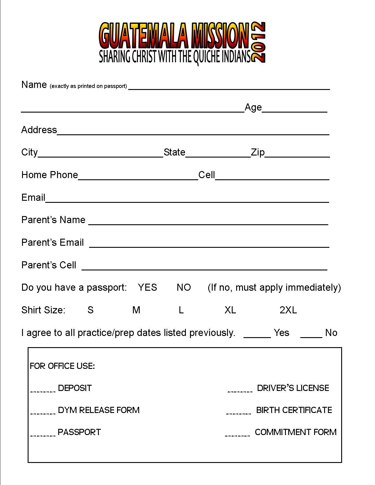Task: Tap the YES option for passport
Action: point(147,287)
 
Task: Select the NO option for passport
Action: point(184,287)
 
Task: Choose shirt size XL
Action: point(230,310)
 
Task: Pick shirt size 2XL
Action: point(288,310)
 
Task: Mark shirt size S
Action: point(91,310)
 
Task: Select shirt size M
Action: point(136,310)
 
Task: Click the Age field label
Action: point(253,108)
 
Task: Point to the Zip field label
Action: point(258,152)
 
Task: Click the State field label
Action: point(174,152)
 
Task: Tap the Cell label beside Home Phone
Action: point(206,175)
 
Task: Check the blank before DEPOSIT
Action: point(43,390)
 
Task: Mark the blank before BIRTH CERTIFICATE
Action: point(239,412)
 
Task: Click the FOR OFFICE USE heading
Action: point(62,366)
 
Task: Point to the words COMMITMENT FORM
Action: point(296,432)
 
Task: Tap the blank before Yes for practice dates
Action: point(257,335)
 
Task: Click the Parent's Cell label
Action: point(49,265)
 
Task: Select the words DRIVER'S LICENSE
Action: point(293,388)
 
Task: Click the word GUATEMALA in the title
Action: point(144,36)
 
